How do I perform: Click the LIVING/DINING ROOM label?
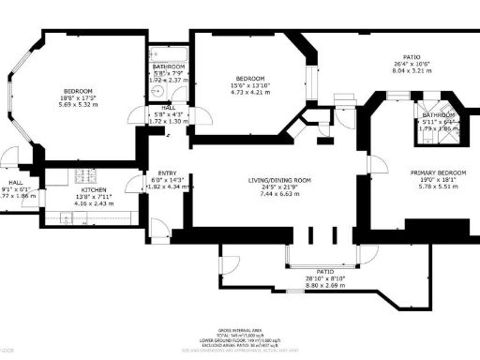[279, 180]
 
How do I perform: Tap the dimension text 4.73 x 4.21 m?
[248, 93]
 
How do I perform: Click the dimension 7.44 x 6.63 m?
[279, 194]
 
